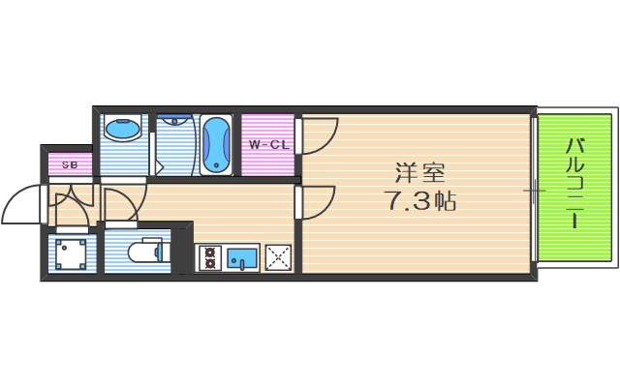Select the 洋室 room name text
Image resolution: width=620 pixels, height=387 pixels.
pos(418,174)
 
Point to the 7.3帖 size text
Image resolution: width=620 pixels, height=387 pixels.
pos(418,202)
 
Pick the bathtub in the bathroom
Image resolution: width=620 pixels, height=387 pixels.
pos(217,145)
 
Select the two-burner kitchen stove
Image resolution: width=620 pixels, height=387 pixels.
pos(211,257)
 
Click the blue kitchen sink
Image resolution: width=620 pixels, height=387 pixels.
pos(242,257)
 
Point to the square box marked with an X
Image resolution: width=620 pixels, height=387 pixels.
pos(279,257)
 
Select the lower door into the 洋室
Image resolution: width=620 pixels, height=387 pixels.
pos(318,201)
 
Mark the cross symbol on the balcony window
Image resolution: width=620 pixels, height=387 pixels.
pos(535,190)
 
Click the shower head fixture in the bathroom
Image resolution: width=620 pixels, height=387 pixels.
pos(175,122)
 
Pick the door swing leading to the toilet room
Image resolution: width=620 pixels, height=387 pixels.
pos(123,203)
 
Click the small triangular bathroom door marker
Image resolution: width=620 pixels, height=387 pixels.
pos(159,166)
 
